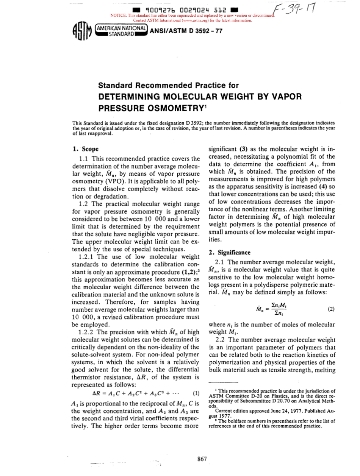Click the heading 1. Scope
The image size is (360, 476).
[x=86, y=149]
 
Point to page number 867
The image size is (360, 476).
[x=202, y=459]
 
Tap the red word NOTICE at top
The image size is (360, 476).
[x=117, y=16]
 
